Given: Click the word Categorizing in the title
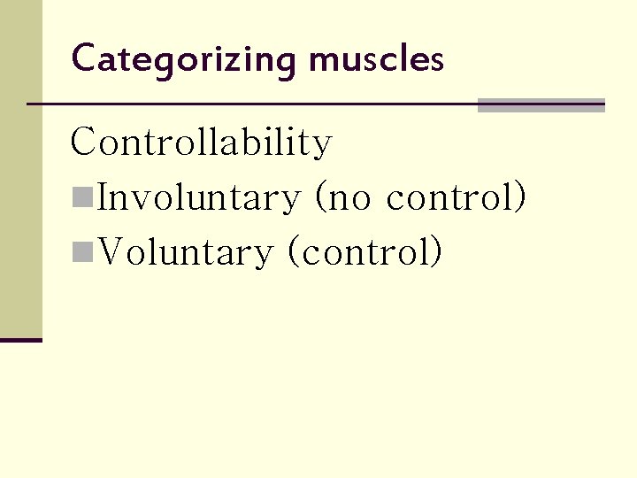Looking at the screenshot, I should (x=184, y=60).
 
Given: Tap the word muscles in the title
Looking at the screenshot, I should (x=375, y=60).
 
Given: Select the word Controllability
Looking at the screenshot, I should (x=201, y=143).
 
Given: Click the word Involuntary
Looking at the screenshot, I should (x=199, y=198).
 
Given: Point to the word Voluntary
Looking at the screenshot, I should (x=186, y=253).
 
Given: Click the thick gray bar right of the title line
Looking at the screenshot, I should (x=541, y=105).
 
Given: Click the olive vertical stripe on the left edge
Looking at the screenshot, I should (x=20, y=168).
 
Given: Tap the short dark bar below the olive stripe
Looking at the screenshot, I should (x=20, y=339).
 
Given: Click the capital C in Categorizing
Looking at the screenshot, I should (x=83, y=58).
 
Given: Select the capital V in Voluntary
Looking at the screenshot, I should (x=112, y=253).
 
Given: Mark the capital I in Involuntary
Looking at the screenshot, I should (x=103, y=198).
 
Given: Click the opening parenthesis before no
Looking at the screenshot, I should (x=320, y=198).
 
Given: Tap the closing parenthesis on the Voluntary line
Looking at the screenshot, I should (x=435, y=253).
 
